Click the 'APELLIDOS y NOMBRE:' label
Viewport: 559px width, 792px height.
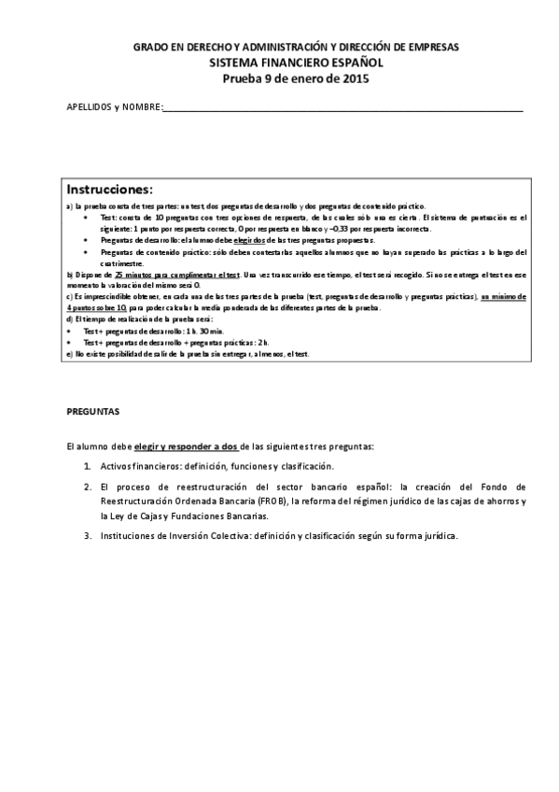(114, 108)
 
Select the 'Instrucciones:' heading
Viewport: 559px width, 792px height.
(109, 189)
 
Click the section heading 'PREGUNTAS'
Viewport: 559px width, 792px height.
(92, 411)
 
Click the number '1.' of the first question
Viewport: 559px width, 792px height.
(86, 466)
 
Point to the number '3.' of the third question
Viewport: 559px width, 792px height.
(86, 536)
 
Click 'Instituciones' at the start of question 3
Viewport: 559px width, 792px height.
(128, 536)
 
